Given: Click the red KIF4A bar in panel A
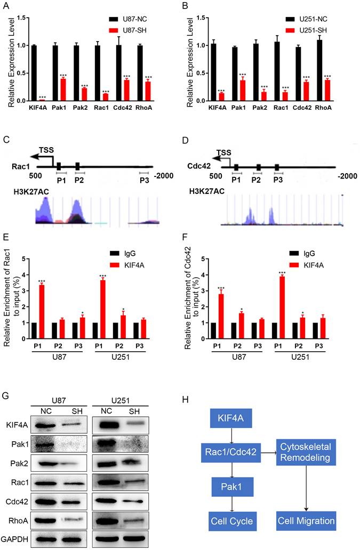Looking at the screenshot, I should (42, 99).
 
